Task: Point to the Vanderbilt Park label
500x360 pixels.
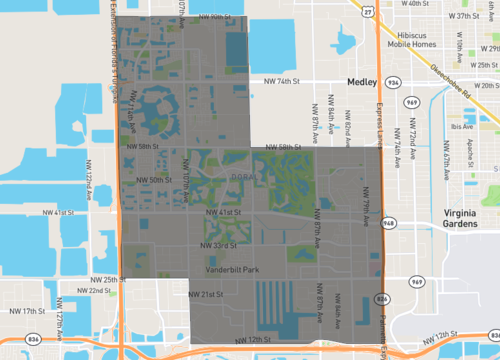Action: (232, 270)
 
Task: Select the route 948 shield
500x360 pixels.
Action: (389, 223)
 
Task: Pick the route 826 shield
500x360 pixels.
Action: (383, 298)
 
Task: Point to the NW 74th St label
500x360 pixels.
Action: (283, 81)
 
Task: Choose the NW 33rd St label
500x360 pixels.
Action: (220, 245)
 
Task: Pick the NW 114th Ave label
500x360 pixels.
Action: (132, 108)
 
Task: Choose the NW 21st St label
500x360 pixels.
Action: (205, 295)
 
